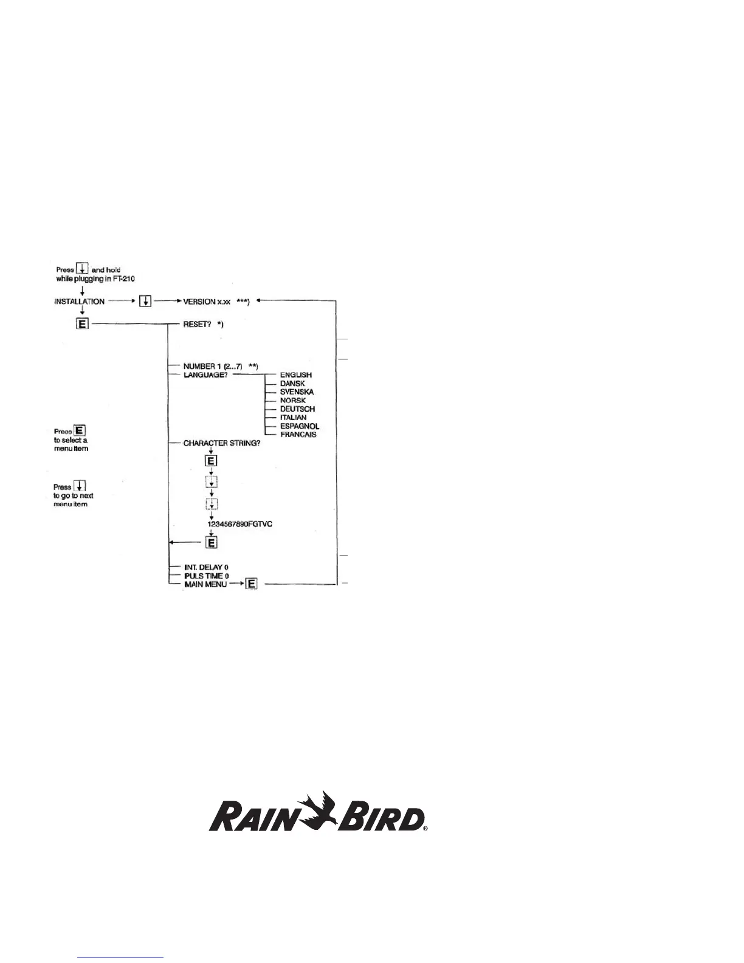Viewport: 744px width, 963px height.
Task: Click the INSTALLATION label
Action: tap(80, 302)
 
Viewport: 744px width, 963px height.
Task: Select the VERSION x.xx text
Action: tap(207, 302)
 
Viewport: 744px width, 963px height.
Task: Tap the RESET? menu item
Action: tap(197, 325)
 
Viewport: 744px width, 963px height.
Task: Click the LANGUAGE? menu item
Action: tap(205, 375)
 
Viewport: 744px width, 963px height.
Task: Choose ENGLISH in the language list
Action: tap(296, 375)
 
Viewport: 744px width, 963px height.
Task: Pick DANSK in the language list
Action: tap(292, 384)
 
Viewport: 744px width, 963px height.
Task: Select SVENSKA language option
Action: tap(297, 392)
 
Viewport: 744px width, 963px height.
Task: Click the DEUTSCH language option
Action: tap(297, 409)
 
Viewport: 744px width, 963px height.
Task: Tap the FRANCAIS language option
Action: tap(298, 435)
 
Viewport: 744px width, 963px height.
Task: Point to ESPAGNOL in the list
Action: tap(299, 426)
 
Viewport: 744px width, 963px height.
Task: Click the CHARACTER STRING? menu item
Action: tap(222, 443)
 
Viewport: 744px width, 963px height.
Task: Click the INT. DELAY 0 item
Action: tap(206, 567)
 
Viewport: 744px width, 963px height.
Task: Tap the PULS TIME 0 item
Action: tap(206, 576)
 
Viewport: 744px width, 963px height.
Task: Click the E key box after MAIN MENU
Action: tap(252, 584)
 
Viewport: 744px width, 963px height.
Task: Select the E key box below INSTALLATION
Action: tap(82, 324)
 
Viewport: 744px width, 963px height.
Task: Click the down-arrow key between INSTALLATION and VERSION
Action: tap(145, 302)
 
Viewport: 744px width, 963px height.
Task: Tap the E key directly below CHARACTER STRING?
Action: tap(211, 461)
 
